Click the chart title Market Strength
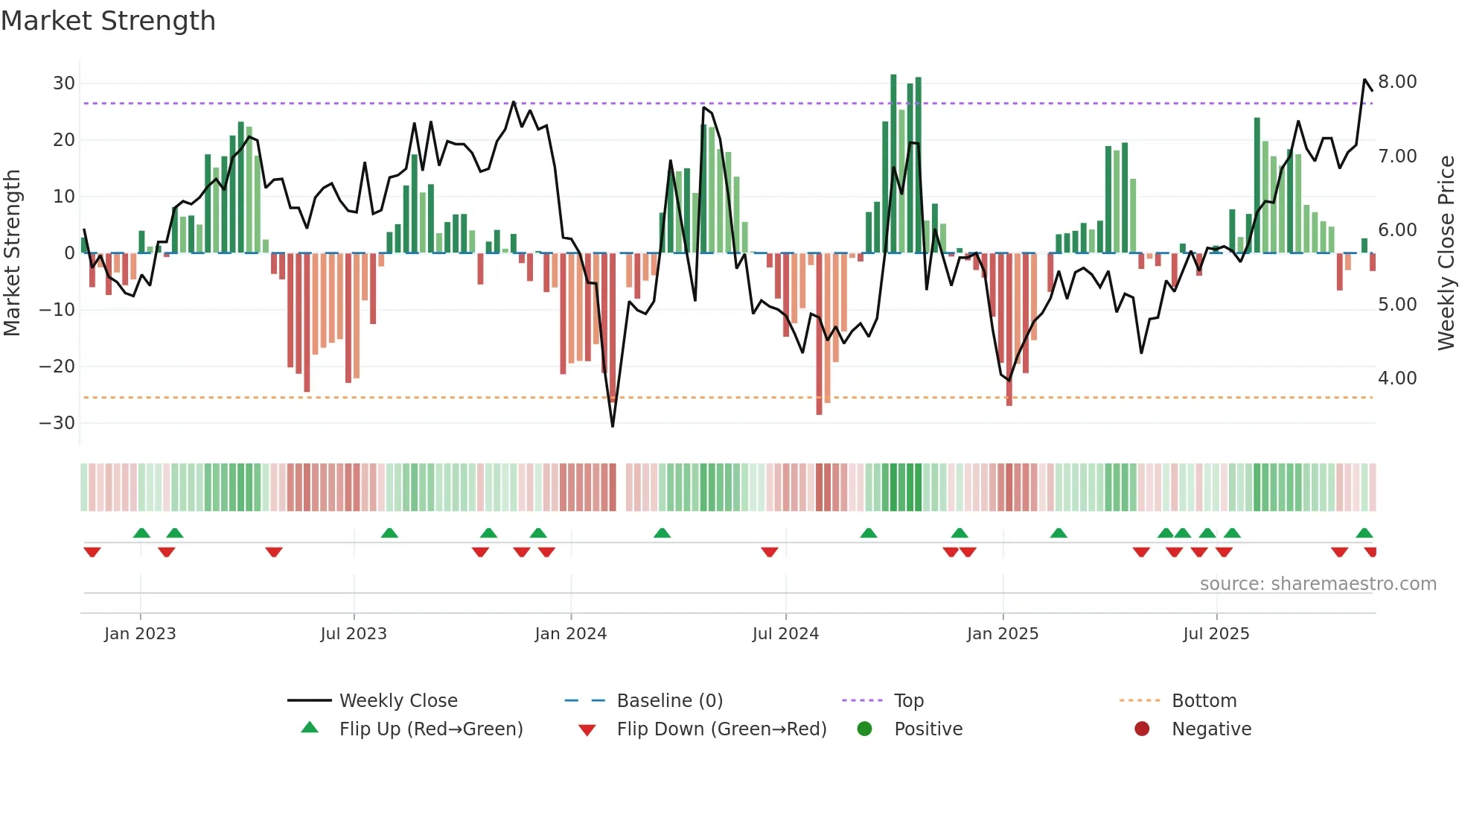(x=108, y=21)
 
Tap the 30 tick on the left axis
(x=64, y=83)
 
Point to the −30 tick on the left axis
(x=57, y=422)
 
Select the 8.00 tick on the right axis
(x=1396, y=81)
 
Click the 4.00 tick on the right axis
(x=1396, y=378)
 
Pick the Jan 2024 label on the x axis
(x=570, y=633)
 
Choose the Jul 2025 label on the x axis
(x=1216, y=633)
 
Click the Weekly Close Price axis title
(x=1445, y=253)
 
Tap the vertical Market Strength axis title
(x=13, y=253)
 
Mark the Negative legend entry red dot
(x=1142, y=729)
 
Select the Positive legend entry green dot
(x=864, y=729)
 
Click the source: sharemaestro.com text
(x=1318, y=583)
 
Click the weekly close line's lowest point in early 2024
(x=613, y=426)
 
